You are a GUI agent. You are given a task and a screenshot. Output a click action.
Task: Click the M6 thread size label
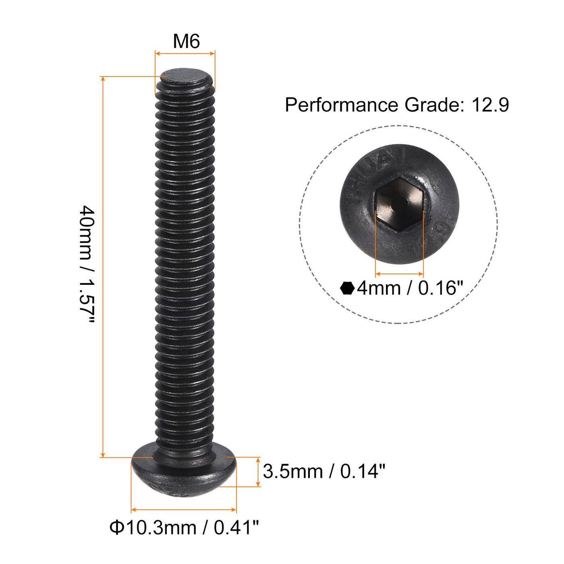(186, 41)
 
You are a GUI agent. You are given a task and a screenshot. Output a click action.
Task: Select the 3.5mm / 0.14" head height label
(324, 471)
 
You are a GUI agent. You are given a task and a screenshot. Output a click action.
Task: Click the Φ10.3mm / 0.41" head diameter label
(184, 527)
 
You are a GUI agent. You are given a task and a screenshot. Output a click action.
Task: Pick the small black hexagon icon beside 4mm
(347, 288)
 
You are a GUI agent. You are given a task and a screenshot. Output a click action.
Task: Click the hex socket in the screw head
(399, 204)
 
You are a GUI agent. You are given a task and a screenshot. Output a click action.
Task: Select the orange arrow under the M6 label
(185, 53)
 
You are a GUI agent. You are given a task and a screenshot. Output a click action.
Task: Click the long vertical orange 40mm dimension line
(103, 266)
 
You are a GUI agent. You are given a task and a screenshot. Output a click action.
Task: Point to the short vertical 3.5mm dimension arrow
(258, 472)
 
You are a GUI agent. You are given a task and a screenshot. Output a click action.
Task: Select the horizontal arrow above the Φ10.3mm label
(184, 510)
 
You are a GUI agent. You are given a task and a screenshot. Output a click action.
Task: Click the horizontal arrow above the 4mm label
(399, 274)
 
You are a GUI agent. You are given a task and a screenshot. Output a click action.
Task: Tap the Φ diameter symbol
(117, 527)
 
